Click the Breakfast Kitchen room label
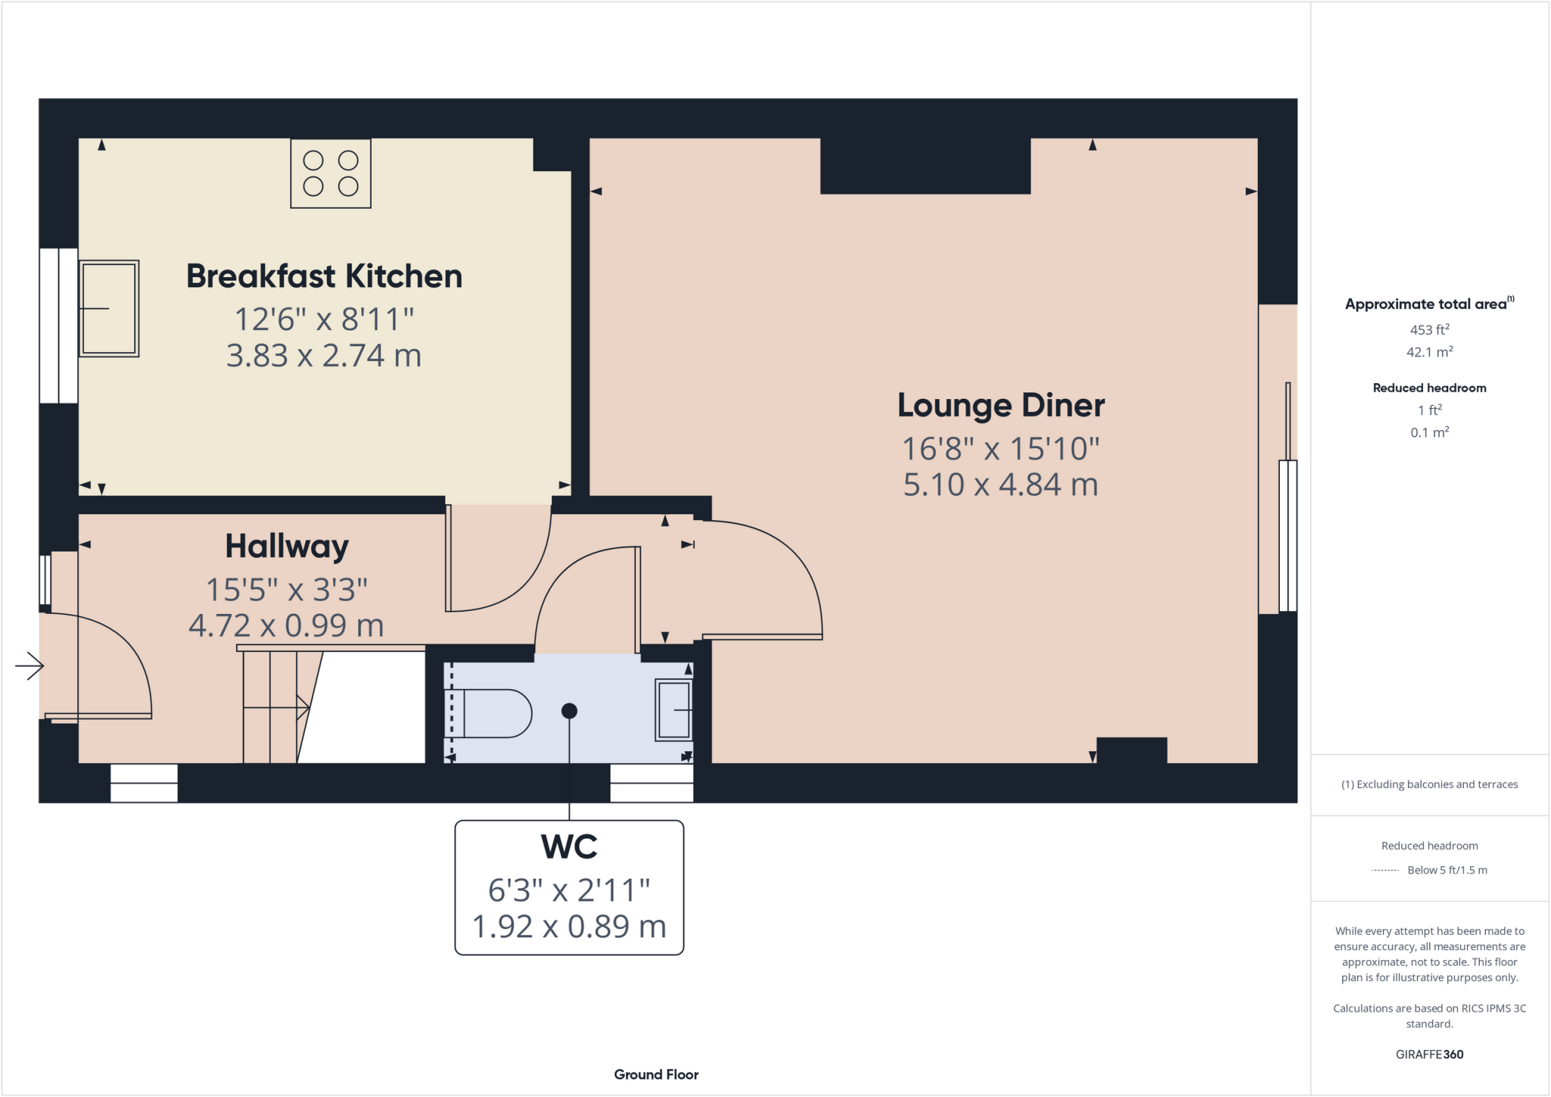[x=324, y=276]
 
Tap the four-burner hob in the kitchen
[x=331, y=173]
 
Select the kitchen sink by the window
[x=109, y=308]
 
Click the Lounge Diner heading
[x=1000, y=406]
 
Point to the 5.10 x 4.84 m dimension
[x=1000, y=485]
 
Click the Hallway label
[x=287, y=546]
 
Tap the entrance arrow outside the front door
[x=30, y=666]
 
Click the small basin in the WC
[x=673, y=710]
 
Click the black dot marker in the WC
[x=570, y=711]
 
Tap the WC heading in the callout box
[x=570, y=846]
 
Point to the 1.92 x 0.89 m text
[x=570, y=927]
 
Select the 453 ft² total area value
[x=1429, y=330]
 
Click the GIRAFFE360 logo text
[x=1429, y=1054]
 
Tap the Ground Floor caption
[x=656, y=1074]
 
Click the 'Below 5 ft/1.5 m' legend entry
[x=1446, y=870]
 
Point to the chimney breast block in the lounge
[x=925, y=167]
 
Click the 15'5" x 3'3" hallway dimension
[x=287, y=590]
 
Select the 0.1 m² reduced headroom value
[x=1429, y=432]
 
